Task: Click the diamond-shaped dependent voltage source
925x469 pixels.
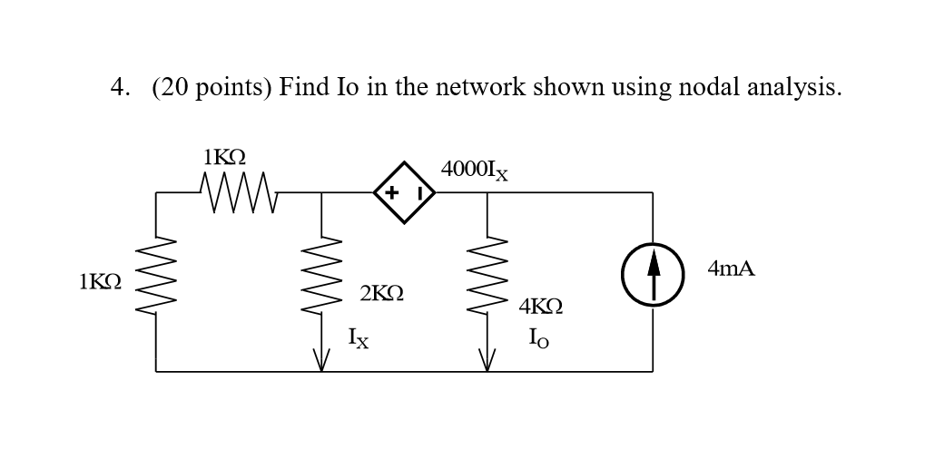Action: pos(404,192)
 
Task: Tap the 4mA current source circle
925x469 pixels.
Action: pos(652,274)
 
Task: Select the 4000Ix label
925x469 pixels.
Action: pos(474,170)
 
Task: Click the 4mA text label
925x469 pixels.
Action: pos(731,269)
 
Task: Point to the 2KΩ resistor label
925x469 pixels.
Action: pos(381,293)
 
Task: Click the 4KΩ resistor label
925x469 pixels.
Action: pos(540,307)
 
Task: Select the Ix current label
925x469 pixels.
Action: pos(359,337)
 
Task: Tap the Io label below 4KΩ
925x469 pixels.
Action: pos(538,337)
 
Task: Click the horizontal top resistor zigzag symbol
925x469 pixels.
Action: pos(238,192)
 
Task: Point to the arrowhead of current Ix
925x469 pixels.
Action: pos(321,361)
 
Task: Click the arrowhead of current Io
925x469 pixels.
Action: pos(487,361)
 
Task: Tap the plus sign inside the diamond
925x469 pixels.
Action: pos(391,192)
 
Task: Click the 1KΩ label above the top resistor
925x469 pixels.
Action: pos(224,156)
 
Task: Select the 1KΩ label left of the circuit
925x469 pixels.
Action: pos(100,281)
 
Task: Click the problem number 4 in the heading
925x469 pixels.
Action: pos(118,87)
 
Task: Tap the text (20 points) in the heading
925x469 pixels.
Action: pos(212,87)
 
